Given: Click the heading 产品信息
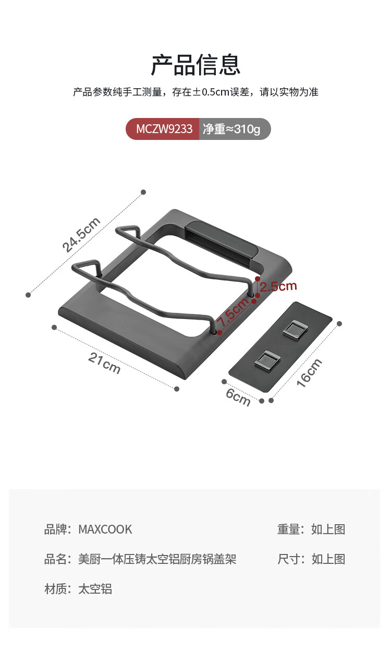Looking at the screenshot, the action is coord(195,65).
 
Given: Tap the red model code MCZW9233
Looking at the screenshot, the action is coord(164,129).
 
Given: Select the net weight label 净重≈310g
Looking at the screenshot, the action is coord(231,129).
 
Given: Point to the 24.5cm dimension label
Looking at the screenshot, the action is coord(81,234).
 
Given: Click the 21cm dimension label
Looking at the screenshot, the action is coord(104,363).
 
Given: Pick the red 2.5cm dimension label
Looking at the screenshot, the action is coord(278,286).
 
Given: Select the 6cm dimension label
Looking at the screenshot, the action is coord(238,397).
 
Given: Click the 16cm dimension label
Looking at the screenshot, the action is coord(309,373).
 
